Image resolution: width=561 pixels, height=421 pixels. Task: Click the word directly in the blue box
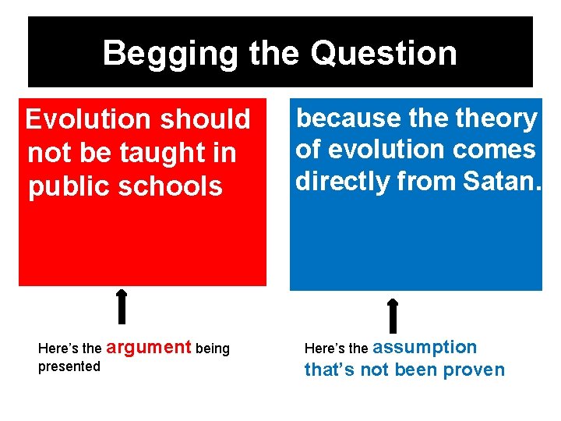(340, 181)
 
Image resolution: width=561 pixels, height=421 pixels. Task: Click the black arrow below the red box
(122, 306)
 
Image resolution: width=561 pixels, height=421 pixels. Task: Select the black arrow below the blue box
(393, 315)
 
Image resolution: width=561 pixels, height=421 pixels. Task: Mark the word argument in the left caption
(148, 347)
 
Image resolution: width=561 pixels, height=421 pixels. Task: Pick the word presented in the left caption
(69, 366)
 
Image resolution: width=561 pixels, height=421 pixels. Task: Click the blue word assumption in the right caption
(425, 348)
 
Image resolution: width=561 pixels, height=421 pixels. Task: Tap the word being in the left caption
(213, 348)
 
